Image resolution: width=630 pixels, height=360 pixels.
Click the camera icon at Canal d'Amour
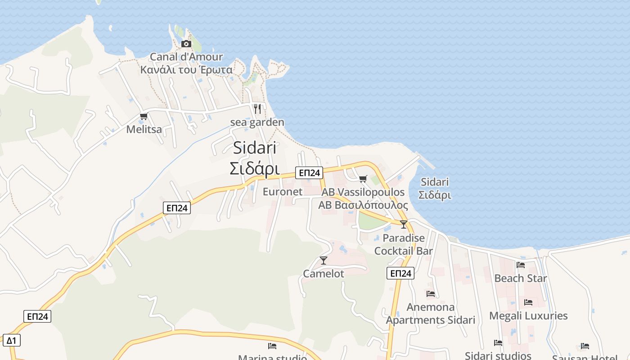tap(186, 44)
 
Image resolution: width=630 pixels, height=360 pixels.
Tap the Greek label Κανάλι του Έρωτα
tap(186, 70)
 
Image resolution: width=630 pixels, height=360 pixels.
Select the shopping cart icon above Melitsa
tap(144, 117)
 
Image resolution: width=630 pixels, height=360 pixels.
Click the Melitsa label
tap(144, 130)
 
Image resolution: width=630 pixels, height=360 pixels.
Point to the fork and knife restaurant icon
tap(257, 108)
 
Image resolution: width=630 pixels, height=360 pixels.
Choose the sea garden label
tap(257, 122)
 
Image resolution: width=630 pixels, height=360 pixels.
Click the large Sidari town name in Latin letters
tap(255, 148)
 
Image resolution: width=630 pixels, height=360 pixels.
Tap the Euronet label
tap(283, 192)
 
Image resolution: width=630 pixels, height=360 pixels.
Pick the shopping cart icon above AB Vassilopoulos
tap(363, 179)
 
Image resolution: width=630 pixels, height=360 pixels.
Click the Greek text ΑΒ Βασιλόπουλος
tap(363, 205)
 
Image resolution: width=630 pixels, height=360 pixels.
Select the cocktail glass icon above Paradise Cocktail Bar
tap(404, 224)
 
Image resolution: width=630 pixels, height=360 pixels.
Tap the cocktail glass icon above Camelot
tap(323, 260)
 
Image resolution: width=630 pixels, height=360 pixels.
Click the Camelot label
tap(323, 274)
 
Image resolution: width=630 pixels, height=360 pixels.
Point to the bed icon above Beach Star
tap(521, 265)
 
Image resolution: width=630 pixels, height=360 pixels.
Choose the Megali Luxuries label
tap(528, 315)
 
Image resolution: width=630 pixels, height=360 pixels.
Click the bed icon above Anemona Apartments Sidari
tap(431, 294)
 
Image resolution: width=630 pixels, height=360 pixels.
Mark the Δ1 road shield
tap(11, 340)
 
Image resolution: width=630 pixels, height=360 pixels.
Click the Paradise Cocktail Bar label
tap(404, 244)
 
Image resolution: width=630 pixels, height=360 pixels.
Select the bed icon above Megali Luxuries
tap(528, 302)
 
